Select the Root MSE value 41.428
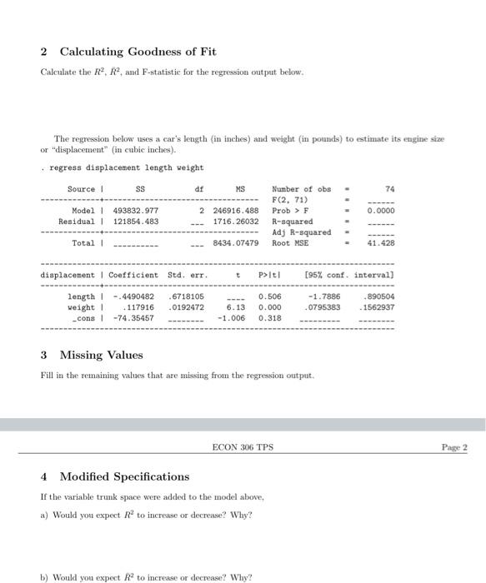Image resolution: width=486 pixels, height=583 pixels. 379,242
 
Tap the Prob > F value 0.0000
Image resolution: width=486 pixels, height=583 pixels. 380,212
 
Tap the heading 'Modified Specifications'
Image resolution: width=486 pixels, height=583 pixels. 124,477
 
